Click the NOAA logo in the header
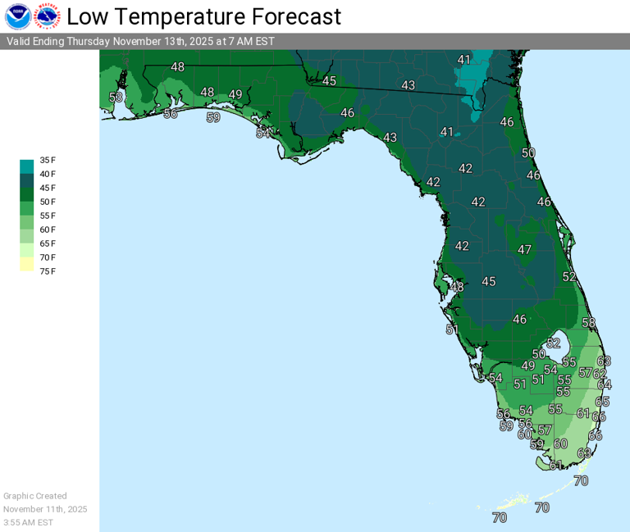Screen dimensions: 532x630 coord(17,16)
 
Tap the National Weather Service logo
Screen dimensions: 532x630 coord(47,16)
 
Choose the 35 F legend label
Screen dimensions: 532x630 coord(48,160)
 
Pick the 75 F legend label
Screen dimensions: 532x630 coord(48,271)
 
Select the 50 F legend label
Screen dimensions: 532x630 coord(48,202)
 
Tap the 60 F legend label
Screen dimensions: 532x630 coord(48,230)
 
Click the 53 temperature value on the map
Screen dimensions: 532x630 coord(116,98)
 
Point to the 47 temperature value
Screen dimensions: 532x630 coord(525,249)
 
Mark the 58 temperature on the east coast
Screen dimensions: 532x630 coord(588,323)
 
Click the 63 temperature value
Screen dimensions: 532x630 coord(604,361)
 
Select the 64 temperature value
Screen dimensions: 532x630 coord(605,384)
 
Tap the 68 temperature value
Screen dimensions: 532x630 coord(584,453)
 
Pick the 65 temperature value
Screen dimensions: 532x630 coord(603,402)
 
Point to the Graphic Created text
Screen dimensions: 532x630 coord(35,496)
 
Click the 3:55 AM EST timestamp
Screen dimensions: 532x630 coord(28,522)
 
